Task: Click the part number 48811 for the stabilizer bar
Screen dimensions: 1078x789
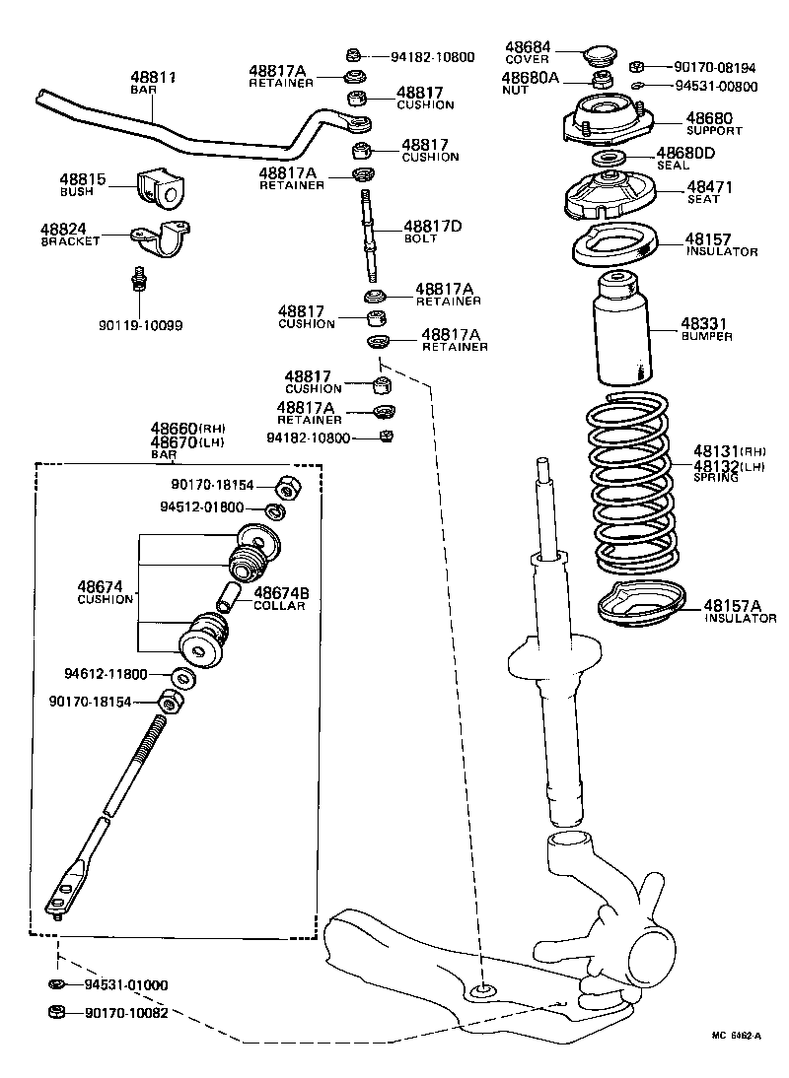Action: (153, 76)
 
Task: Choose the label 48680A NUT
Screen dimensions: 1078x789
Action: (530, 82)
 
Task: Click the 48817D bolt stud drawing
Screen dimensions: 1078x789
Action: (371, 236)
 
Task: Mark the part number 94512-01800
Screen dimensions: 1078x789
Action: (201, 508)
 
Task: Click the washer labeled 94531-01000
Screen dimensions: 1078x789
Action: (56, 984)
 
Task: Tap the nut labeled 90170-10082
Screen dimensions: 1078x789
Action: (56, 1012)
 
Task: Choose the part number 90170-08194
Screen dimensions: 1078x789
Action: (715, 68)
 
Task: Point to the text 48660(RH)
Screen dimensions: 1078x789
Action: (187, 429)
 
